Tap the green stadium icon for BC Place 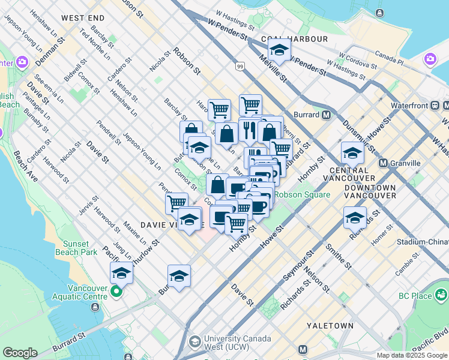pyautogui.click(x=442, y=295)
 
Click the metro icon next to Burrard pyautogui.click(x=327, y=115)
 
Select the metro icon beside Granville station pyautogui.click(x=383, y=163)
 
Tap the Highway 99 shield pyautogui.click(x=240, y=68)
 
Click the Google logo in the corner pyautogui.click(x=19, y=353)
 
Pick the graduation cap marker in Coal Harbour pyautogui.click(x=279, y=51)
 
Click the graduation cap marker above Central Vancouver pyautogui.click(x=352, y=153)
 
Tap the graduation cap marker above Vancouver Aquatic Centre pyautogui.click(x=121, y=273)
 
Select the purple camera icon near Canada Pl pyautogui.click(x=430, y=59)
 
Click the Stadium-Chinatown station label pyautogui.click(x=423, y=242)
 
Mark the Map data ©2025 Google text pyautogui.click(x=411, y=355)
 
